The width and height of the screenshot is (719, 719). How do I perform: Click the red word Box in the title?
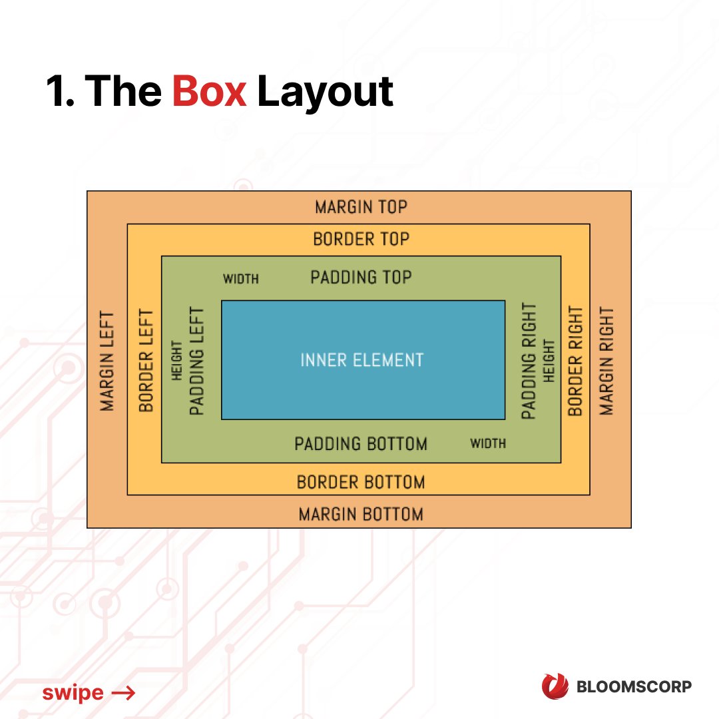tap(209, 91)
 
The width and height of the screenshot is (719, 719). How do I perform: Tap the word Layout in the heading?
tap(325, 93)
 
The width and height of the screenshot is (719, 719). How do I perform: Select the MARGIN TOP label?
tap(361, 207)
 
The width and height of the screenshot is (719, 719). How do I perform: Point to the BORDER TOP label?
tap(361, 238)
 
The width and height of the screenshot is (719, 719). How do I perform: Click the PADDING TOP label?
tap(361, 277)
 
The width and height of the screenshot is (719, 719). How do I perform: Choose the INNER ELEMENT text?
tap(361, 360)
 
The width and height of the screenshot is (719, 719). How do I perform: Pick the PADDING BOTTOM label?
tap(361, 443)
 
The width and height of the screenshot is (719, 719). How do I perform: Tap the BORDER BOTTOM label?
tap(360, 481)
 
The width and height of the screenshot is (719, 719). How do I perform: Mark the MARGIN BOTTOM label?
tap(360, 514)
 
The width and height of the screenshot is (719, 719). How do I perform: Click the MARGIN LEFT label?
tap(107, 361)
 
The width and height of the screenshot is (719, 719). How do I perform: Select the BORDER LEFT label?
tap(146, 360)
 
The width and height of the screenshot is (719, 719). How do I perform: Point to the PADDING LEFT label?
tap(197, 360)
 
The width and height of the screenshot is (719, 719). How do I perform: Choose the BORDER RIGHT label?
tap(575, 361)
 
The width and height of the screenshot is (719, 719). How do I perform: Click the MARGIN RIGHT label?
tap(606, 361)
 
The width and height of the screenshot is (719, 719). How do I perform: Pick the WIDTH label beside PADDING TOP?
tap(240, 279)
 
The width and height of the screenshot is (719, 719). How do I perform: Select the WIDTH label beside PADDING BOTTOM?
tap(487, 443)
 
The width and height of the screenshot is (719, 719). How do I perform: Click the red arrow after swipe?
tap(123, 693)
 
